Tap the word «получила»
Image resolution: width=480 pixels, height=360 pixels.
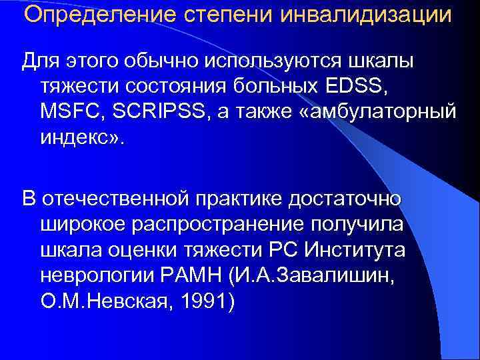pos(359,224)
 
